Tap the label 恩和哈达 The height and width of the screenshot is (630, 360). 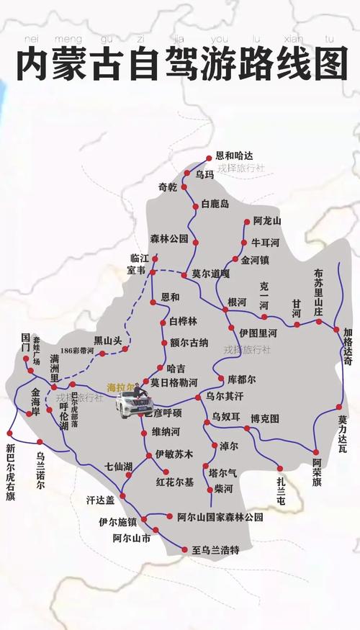235,156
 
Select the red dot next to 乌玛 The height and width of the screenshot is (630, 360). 190,174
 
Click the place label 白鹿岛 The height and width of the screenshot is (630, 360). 215,204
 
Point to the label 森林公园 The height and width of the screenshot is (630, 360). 169,238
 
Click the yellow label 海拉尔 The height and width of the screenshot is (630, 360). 121,387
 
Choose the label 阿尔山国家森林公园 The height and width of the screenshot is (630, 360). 220,517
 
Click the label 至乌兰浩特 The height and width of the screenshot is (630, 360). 215,550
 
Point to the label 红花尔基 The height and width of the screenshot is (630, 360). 175,482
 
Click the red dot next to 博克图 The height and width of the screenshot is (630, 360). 247,428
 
